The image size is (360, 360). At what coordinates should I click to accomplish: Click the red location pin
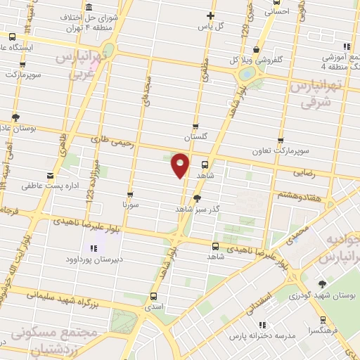click(x=181, y=165)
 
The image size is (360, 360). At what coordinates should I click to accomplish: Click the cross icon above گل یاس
click(x=210, y=15)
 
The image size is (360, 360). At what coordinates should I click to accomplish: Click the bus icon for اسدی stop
click(x=153, y=297)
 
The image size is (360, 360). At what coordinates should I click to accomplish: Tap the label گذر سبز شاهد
click(x=198, y=210)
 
